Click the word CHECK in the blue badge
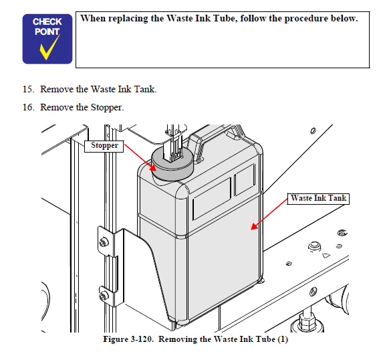point(47,22)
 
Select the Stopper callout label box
point(104,147)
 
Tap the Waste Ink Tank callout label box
point(318,198)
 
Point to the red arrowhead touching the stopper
point(153,167)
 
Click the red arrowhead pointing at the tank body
point(254,226)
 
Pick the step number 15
point(29,89)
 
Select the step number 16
point(29,107)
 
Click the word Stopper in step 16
point(107,108)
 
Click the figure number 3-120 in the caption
point(142,339)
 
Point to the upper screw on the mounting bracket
point(104,242)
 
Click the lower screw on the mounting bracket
point(104,296)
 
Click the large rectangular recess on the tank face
point(212,199)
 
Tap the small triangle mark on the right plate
point(326,256)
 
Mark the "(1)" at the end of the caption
point(283,339)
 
